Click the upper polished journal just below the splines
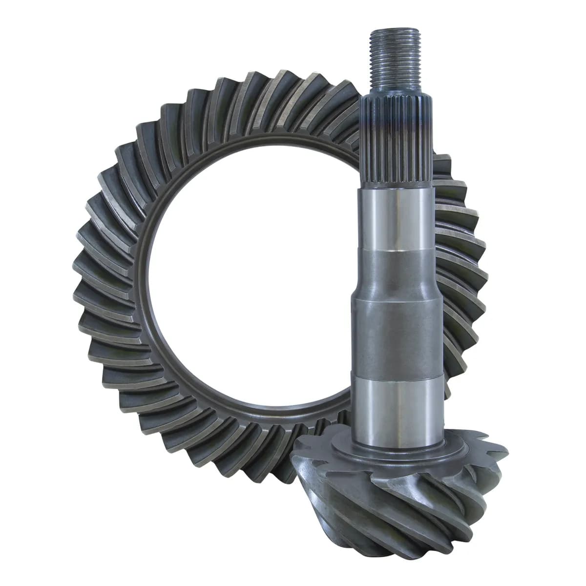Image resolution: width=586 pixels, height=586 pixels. pyautogui.click(x=398, y=215)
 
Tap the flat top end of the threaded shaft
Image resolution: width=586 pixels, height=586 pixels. pyautogui.click(x=390, y=31)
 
